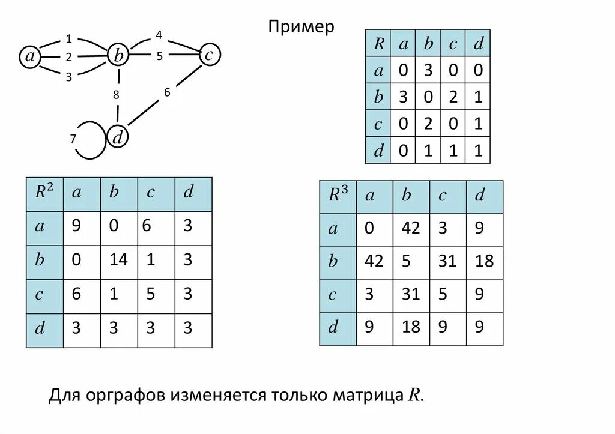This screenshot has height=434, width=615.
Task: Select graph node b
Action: pyautogui.click(x=119, y=56)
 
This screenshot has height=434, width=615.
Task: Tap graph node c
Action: pyautogui.click(x=209, y=55)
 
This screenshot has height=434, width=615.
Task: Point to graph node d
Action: pyautogui.click(x=118, y=138)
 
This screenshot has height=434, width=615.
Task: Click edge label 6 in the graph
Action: pyautogui.click(x=167, y=92)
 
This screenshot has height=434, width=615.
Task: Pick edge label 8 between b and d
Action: pyautogui.click(x=116, y=94)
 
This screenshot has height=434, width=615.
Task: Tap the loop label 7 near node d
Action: pyautogui.click(x=73, y=139)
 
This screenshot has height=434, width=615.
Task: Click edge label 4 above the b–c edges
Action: pyautogui.click(x=159, y=35)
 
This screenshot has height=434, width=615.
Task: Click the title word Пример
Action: pyautogui.click(x=301, y=27)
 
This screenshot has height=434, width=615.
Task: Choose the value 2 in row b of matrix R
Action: pyautogui.click(x=453, y=97)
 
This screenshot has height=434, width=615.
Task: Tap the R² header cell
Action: pyautogui.click(x=44, y=193)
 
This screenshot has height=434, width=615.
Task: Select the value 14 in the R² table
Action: pyautogui.click(x=119, y=261)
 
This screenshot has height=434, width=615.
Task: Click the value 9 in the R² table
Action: pyautogui.click(x=76, y=226)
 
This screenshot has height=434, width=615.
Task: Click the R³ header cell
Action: pyautogui.click(x=338, y=196)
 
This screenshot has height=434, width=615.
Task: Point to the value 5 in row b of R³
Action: pyautogui.click(x=407, y=262)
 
